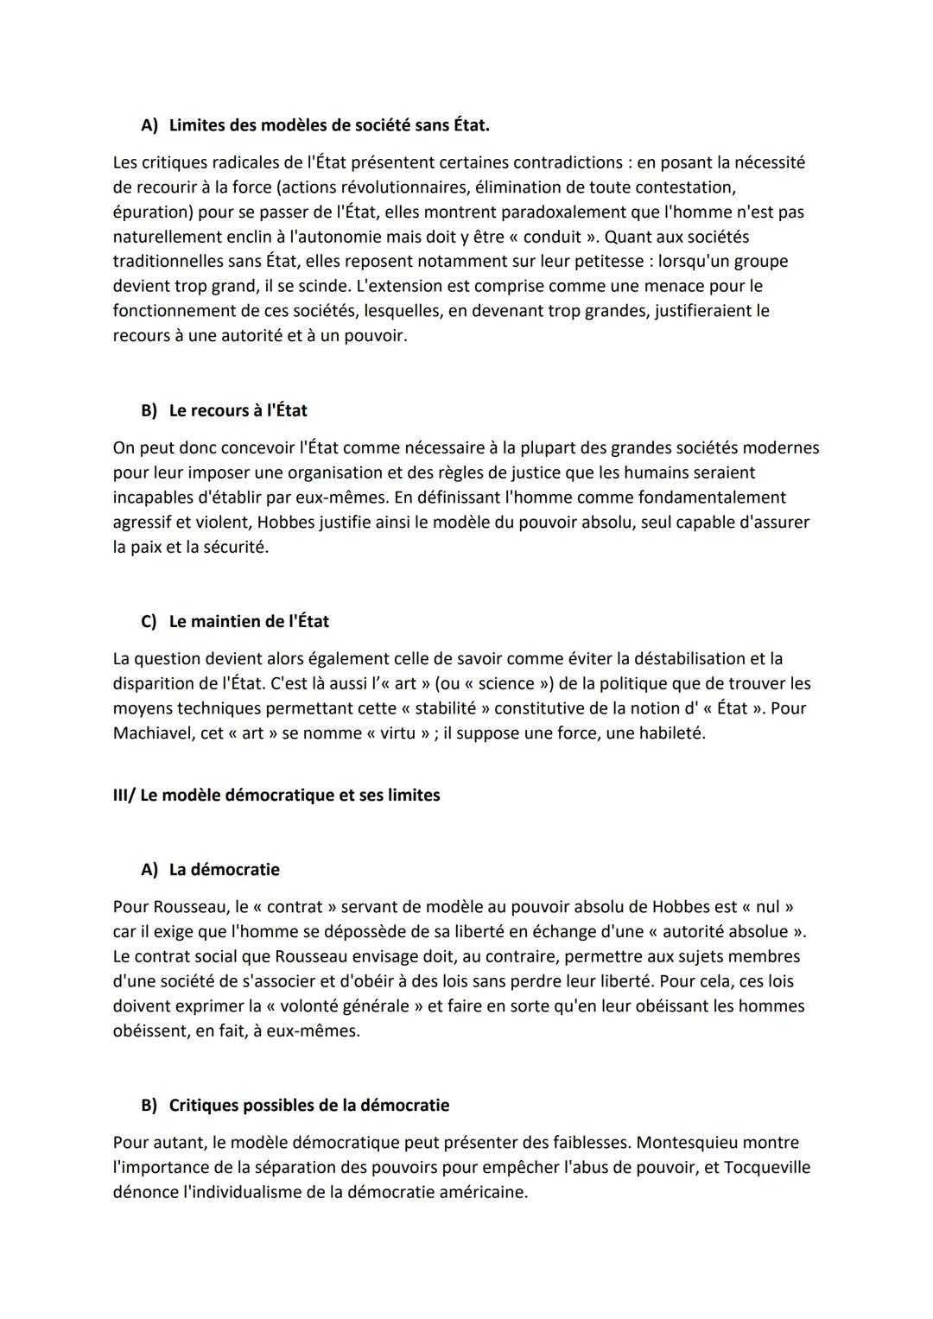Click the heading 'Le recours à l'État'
pos(238,411)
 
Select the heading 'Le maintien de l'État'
pos(249,622)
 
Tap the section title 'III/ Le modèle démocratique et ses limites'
pos(276,796)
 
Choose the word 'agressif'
pos(143,523)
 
